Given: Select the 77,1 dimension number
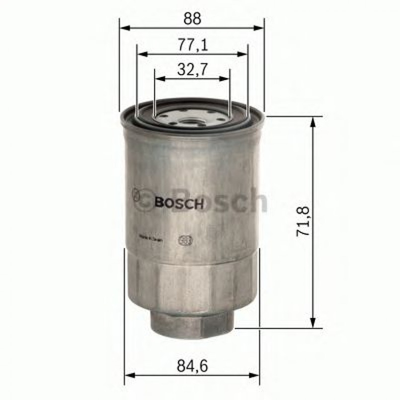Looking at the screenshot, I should pyautogui.click(x=192, y=45).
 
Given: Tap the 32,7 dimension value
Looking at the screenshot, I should pyautogui.click(x=192, y=71).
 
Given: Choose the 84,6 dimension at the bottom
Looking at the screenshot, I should pyautogui.click(x=191, y=367).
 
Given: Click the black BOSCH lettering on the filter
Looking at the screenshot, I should pyautogui.click(x=179, y=203).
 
